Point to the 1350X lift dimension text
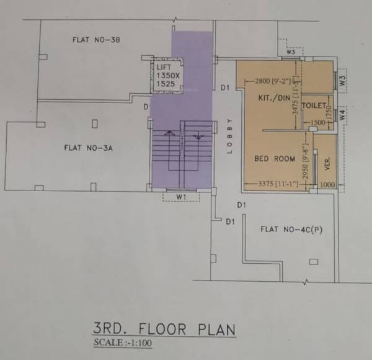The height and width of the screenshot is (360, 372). (167, 75)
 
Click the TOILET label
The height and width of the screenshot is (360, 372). (314, 106)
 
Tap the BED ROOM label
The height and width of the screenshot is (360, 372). (275, 159)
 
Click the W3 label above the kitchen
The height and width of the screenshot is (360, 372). (290, 52)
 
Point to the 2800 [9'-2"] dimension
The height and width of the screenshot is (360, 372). (272, 80)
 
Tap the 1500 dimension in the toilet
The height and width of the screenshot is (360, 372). (317, 123)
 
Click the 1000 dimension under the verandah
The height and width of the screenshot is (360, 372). (326, 184)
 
